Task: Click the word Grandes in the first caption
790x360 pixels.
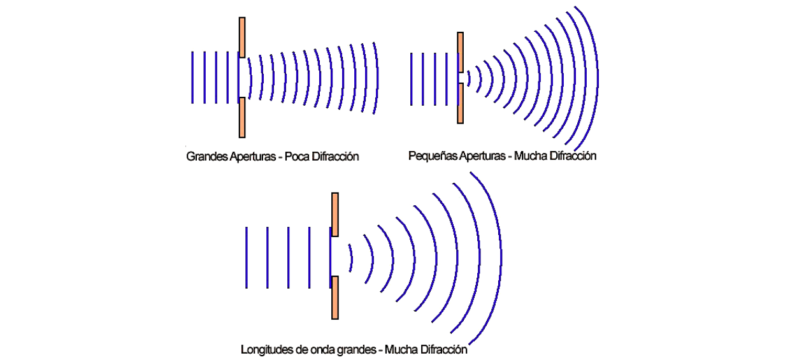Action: tap(207, 157)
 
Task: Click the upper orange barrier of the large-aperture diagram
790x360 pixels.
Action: tap(242, 38)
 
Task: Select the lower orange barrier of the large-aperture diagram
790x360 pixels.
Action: tap(242, 117)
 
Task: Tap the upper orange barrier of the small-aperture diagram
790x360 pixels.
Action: tap(460, 52)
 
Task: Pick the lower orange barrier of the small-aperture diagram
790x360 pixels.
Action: tap(460, 103)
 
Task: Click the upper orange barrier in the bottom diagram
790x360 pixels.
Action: tap(335, 214)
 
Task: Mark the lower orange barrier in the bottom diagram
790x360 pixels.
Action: tap(335, 298)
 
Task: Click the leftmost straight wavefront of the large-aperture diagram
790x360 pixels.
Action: tap(192, 78)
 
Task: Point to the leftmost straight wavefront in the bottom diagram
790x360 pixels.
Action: tap(247, 258)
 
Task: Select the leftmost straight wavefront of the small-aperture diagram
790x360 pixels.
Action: tap(411, 80)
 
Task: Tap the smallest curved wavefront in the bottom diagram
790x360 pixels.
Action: tap(351, 258)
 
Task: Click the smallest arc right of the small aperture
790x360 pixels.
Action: tap(469, 78)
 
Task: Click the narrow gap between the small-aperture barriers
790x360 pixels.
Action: tap(461, 78)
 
